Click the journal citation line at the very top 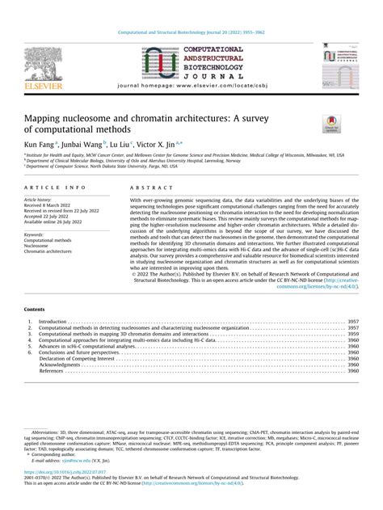(x=191, y=32)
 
